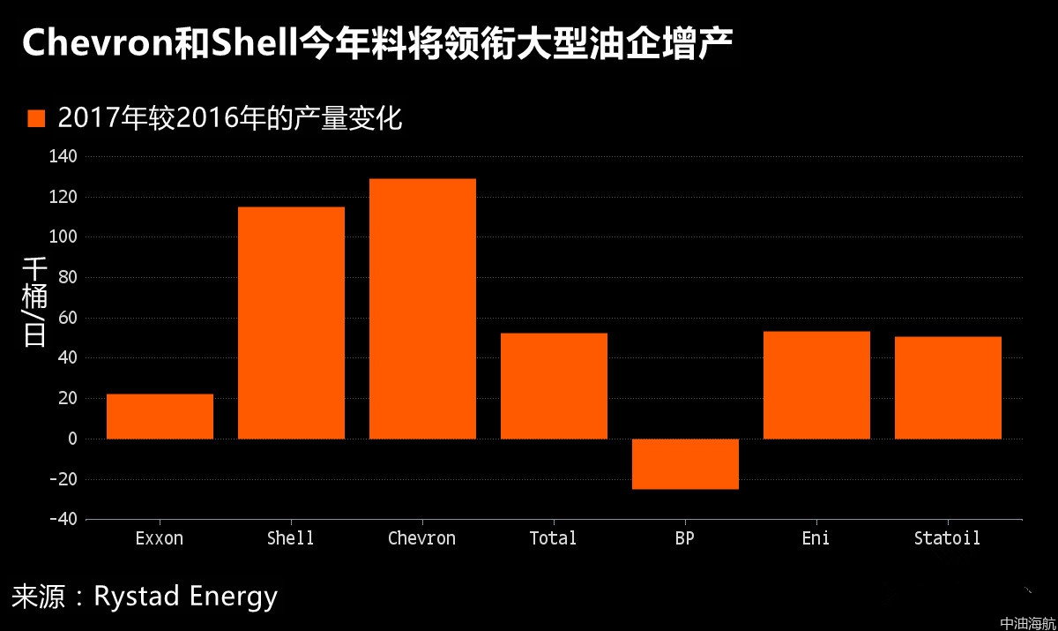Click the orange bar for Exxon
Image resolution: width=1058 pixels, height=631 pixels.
coord(160,417)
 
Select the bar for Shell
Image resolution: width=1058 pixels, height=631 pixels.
coord(291,323)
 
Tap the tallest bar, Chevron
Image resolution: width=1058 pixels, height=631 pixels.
coord(422,309)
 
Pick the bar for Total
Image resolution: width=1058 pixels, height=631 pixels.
coord(554,386)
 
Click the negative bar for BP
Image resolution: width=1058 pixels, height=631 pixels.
coord(685,463)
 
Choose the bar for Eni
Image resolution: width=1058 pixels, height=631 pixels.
coord(816,385)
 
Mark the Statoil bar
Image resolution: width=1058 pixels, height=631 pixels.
coord(948,387)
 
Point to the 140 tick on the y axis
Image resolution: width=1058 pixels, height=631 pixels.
coord(66,157)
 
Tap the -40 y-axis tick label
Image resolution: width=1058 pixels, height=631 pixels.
coord(63,519)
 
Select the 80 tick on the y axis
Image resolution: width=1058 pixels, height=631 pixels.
coord(69,278)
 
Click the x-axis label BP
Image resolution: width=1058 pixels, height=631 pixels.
coord(685,538)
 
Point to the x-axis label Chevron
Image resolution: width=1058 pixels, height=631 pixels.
coord(421,538)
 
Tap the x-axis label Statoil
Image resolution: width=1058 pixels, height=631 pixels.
coord(947,538)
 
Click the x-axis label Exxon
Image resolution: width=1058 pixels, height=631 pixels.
coord(160,538)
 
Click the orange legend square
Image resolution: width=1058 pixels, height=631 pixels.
coord(36,119)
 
